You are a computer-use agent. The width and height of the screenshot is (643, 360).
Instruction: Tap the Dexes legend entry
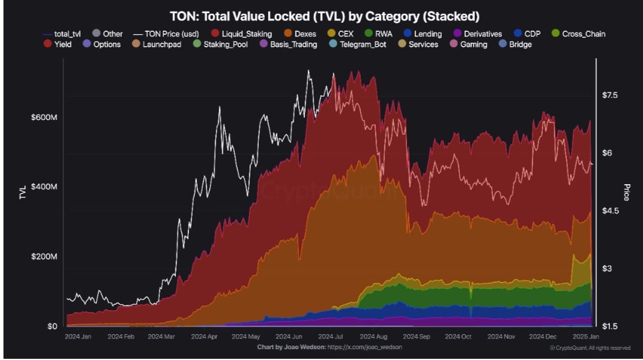point(300,34)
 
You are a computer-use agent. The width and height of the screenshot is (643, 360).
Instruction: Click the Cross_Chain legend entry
point(577,34)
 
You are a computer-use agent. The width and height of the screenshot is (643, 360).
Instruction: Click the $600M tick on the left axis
point(44,118)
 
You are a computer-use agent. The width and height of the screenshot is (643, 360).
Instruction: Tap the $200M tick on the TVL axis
point(44,257)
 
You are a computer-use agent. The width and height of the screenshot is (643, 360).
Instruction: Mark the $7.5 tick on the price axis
point(613,95)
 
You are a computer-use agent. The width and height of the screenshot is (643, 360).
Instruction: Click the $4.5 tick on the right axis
point(613,211)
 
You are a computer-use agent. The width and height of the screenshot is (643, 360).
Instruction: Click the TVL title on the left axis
point(22,193)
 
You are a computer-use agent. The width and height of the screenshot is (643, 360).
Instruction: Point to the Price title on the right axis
point(627,192)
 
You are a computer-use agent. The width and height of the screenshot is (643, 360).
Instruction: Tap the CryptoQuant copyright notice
point(590,348)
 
